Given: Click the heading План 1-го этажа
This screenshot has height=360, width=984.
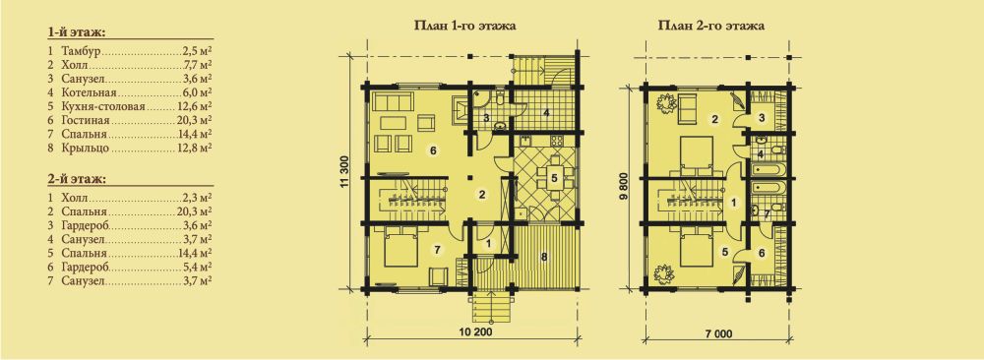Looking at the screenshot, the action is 464,27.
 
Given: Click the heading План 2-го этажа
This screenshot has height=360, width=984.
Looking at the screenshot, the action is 709,27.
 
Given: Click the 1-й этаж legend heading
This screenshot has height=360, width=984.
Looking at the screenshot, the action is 76,31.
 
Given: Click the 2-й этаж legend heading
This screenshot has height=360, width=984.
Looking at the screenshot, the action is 76,179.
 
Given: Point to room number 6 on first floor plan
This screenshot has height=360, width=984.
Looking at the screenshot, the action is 433,150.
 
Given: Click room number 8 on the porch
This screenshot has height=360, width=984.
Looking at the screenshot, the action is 543,256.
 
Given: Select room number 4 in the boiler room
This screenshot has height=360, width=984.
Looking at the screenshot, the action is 546,113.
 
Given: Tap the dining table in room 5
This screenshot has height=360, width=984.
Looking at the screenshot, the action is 553,177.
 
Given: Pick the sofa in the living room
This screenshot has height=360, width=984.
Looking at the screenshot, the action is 392,100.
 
